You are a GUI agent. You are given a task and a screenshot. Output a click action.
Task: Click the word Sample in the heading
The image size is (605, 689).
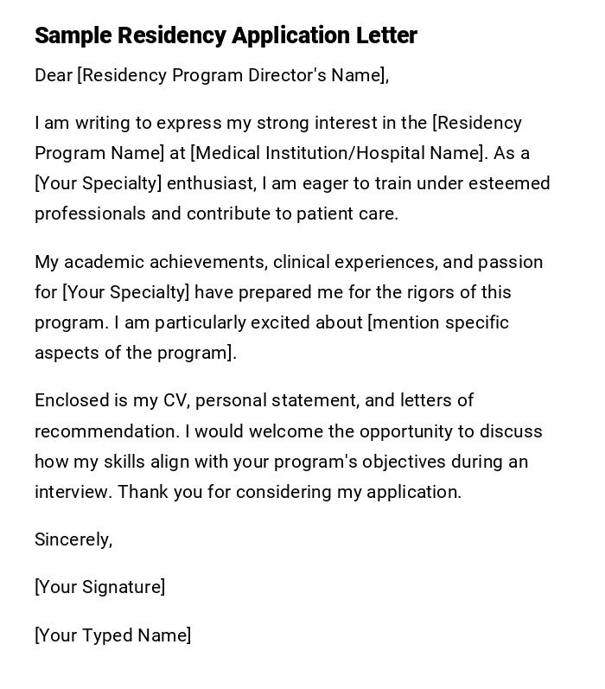click(73, 35)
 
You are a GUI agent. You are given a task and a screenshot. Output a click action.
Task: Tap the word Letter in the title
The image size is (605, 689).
click(386, 35)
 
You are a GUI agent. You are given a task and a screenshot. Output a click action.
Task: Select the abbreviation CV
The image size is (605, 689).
click(174, 400)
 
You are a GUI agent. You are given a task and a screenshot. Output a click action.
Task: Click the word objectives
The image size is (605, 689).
click(408, 462)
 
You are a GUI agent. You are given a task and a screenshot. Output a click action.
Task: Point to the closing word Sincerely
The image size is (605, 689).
click(73, 539)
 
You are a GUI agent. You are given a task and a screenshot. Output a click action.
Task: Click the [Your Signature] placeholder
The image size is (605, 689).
click(100, 587)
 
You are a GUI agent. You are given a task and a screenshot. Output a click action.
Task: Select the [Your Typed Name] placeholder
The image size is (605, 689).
click(113, 635)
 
